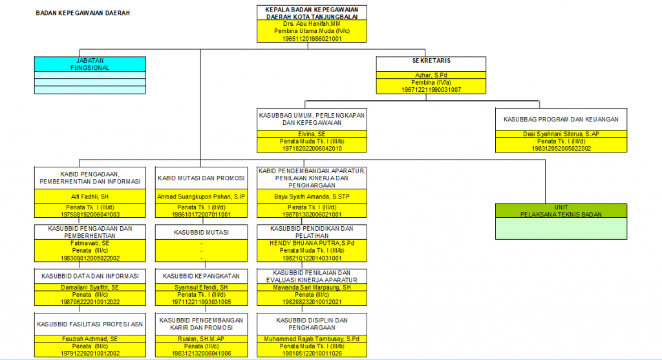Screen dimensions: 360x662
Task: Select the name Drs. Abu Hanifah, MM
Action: pos(312,23)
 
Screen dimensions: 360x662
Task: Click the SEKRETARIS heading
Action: pos(431,61)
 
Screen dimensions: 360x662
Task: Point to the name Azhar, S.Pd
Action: pos(431,75)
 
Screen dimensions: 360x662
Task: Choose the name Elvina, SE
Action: pos(312,134)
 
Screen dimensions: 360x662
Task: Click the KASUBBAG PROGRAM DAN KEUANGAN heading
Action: pos(561,119)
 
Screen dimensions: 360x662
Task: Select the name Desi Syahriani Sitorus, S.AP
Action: pos(561,134)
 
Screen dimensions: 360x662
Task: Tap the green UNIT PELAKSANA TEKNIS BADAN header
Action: pos(561,211)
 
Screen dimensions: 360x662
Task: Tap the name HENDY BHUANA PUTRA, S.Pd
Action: pos(312,243)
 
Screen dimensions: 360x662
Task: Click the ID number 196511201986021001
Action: pos(312,39)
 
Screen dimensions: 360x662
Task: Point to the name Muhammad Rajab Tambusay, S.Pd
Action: pos(312,339)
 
